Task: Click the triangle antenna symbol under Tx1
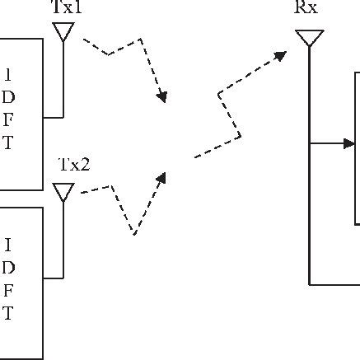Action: pos(63,30)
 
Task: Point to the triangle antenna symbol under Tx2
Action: pos(63,191)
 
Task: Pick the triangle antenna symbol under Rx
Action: pos(309,37)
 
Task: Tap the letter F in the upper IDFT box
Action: pos(8,119)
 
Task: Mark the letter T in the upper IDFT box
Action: pos(8,143)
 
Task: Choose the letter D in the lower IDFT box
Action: pos(8,267)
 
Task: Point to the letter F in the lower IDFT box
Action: pos(8,290)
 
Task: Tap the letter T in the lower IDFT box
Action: pos(8,313)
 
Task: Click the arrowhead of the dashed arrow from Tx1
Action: pos(162,98)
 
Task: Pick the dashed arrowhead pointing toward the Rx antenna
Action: pos(282,55)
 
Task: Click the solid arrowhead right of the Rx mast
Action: pos(349,143)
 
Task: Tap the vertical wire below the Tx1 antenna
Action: pos(63,78)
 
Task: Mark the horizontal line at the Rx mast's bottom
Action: pos(334,284)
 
